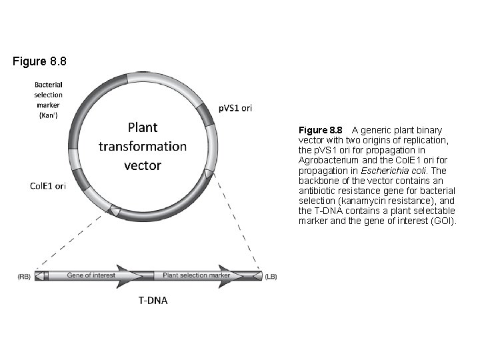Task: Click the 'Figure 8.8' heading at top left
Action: [40, 62]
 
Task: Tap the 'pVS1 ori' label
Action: [235, 107]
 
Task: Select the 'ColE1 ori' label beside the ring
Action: [48, 186]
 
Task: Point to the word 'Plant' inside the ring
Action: [143, 127]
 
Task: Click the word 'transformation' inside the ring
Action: [143, 145]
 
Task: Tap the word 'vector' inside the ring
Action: [143, 164]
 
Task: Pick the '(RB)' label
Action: [24, 275]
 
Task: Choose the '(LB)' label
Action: [271, 275]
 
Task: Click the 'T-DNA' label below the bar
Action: [153, 300]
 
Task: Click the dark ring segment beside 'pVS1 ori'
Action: [208, 117]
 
